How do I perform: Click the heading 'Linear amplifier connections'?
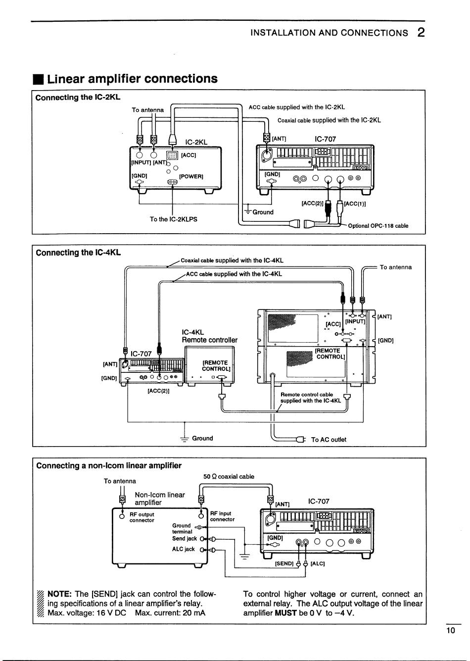point(133,79)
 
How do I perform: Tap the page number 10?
point(451,630)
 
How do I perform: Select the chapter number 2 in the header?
point(421,33)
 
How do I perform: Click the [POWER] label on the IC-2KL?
point(191,176)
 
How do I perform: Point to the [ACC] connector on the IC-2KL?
point(172,155)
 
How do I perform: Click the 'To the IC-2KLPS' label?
point(173,219)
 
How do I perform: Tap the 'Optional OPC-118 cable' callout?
point(378,226)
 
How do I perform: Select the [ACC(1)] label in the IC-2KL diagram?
point(355,203)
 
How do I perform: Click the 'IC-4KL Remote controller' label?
point(210,336)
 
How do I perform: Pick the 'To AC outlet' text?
point(329,439)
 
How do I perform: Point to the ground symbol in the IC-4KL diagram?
point(185,439)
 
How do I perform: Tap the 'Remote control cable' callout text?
point(307,395)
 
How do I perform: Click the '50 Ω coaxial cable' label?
point(229,476)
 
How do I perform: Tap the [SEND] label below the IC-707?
point(284,563)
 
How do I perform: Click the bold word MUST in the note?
point(285,613)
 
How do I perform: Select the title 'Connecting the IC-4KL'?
point(78,253)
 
